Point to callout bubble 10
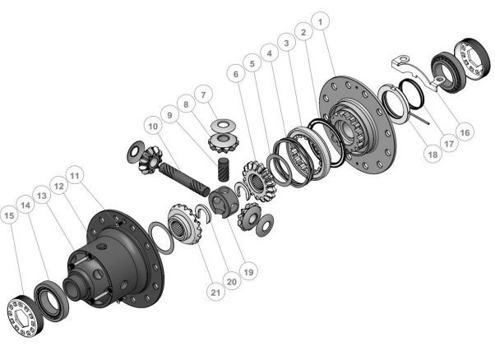click(152, 126)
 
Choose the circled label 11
click(75, 177)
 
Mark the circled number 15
click(9, 216)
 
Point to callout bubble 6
click(238, 74)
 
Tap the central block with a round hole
click(222, 202)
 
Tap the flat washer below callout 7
click(220, 125)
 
